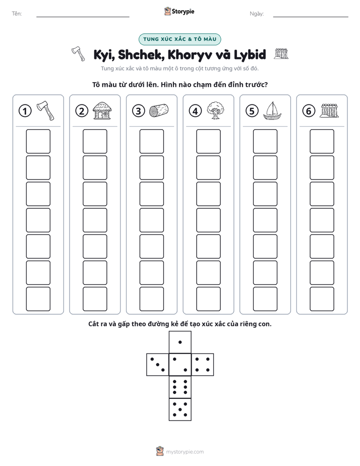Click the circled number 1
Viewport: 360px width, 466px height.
(25, 111)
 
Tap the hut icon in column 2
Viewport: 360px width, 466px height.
(102, 110)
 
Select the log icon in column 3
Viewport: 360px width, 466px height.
(159, 110)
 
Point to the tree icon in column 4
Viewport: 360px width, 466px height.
(215, 110)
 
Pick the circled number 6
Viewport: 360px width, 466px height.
(309, 111)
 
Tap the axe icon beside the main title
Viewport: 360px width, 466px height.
(78, 54)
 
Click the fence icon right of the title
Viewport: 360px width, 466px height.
(281, 54)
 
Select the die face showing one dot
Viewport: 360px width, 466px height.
(180, 342)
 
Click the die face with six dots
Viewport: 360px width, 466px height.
(180, 387)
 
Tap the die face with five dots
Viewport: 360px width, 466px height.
(180, 409)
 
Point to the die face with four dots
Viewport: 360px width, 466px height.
(203, 364)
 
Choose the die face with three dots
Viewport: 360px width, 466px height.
(158, 364)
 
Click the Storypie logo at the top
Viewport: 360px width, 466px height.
(179, 12)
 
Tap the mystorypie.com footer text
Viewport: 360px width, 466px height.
(185, 452)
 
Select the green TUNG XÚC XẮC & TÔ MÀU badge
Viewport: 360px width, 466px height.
(179, 39)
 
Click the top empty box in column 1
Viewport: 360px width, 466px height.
(38, 141)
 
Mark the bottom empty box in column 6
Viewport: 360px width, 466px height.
(322, 299)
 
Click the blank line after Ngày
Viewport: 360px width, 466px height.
(311, 17)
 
